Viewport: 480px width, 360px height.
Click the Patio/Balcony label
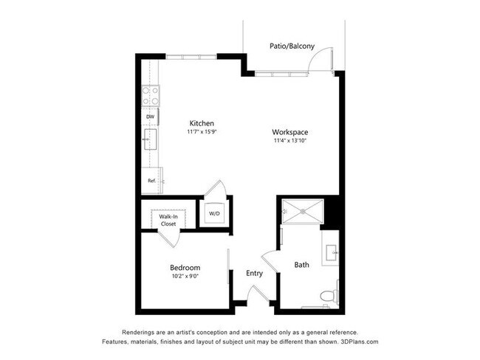[292, 46]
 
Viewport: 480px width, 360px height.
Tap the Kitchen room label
[202, 123]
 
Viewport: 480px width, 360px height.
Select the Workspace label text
[289, 132]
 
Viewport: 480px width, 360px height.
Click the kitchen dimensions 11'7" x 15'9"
[202, 132]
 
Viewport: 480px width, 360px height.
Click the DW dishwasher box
[150, 117]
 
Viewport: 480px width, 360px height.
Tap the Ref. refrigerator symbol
[151, 180]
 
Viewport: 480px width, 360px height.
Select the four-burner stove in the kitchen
[151, 95]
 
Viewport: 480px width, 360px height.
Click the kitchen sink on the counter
[149, 139]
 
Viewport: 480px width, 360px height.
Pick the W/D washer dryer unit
[215, 214]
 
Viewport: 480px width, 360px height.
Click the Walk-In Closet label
[168, 219]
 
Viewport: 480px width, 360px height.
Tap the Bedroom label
[185, 267]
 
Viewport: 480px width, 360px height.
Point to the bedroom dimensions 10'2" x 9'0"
[185, 277]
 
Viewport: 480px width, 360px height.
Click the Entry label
[254, 273]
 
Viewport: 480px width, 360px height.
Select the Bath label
[302, 264]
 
